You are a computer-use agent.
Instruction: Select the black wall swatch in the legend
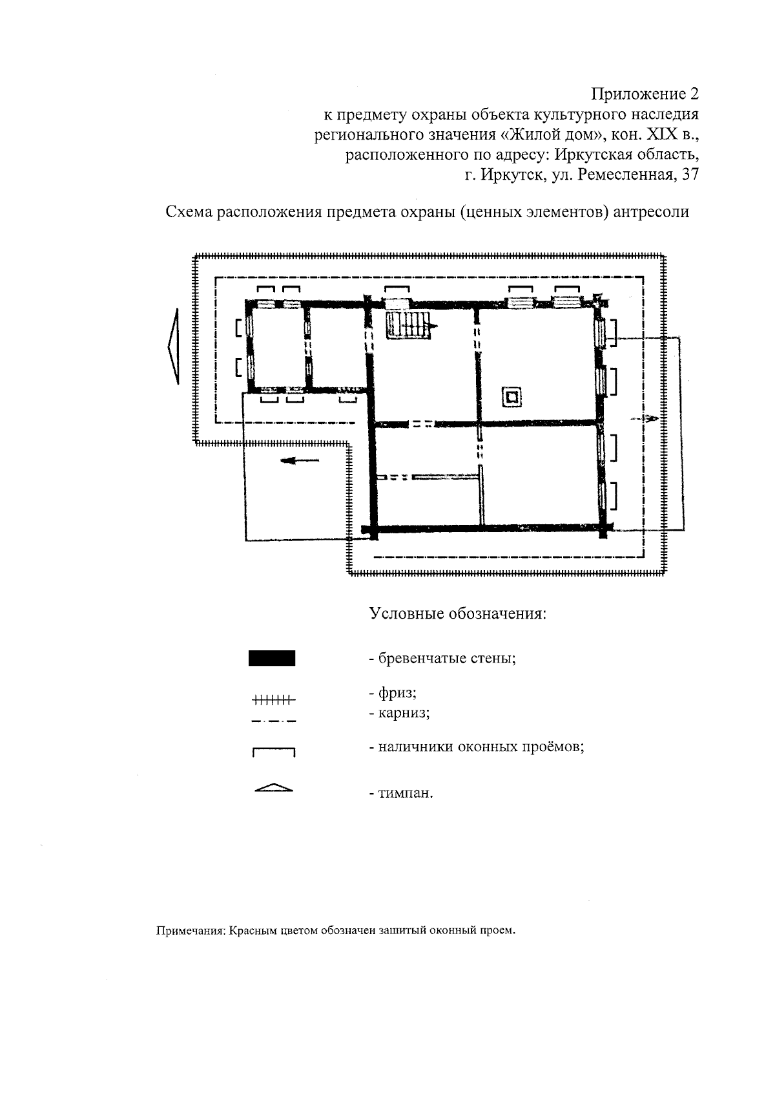[x=272, y=659]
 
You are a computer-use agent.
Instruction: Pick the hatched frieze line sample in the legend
[x=273, y=699]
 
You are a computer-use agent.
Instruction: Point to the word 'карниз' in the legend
[x=404, y=713]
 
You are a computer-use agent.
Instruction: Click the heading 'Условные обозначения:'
[x=458, y=613]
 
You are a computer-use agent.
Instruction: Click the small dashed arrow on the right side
[x=646, y=419]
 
